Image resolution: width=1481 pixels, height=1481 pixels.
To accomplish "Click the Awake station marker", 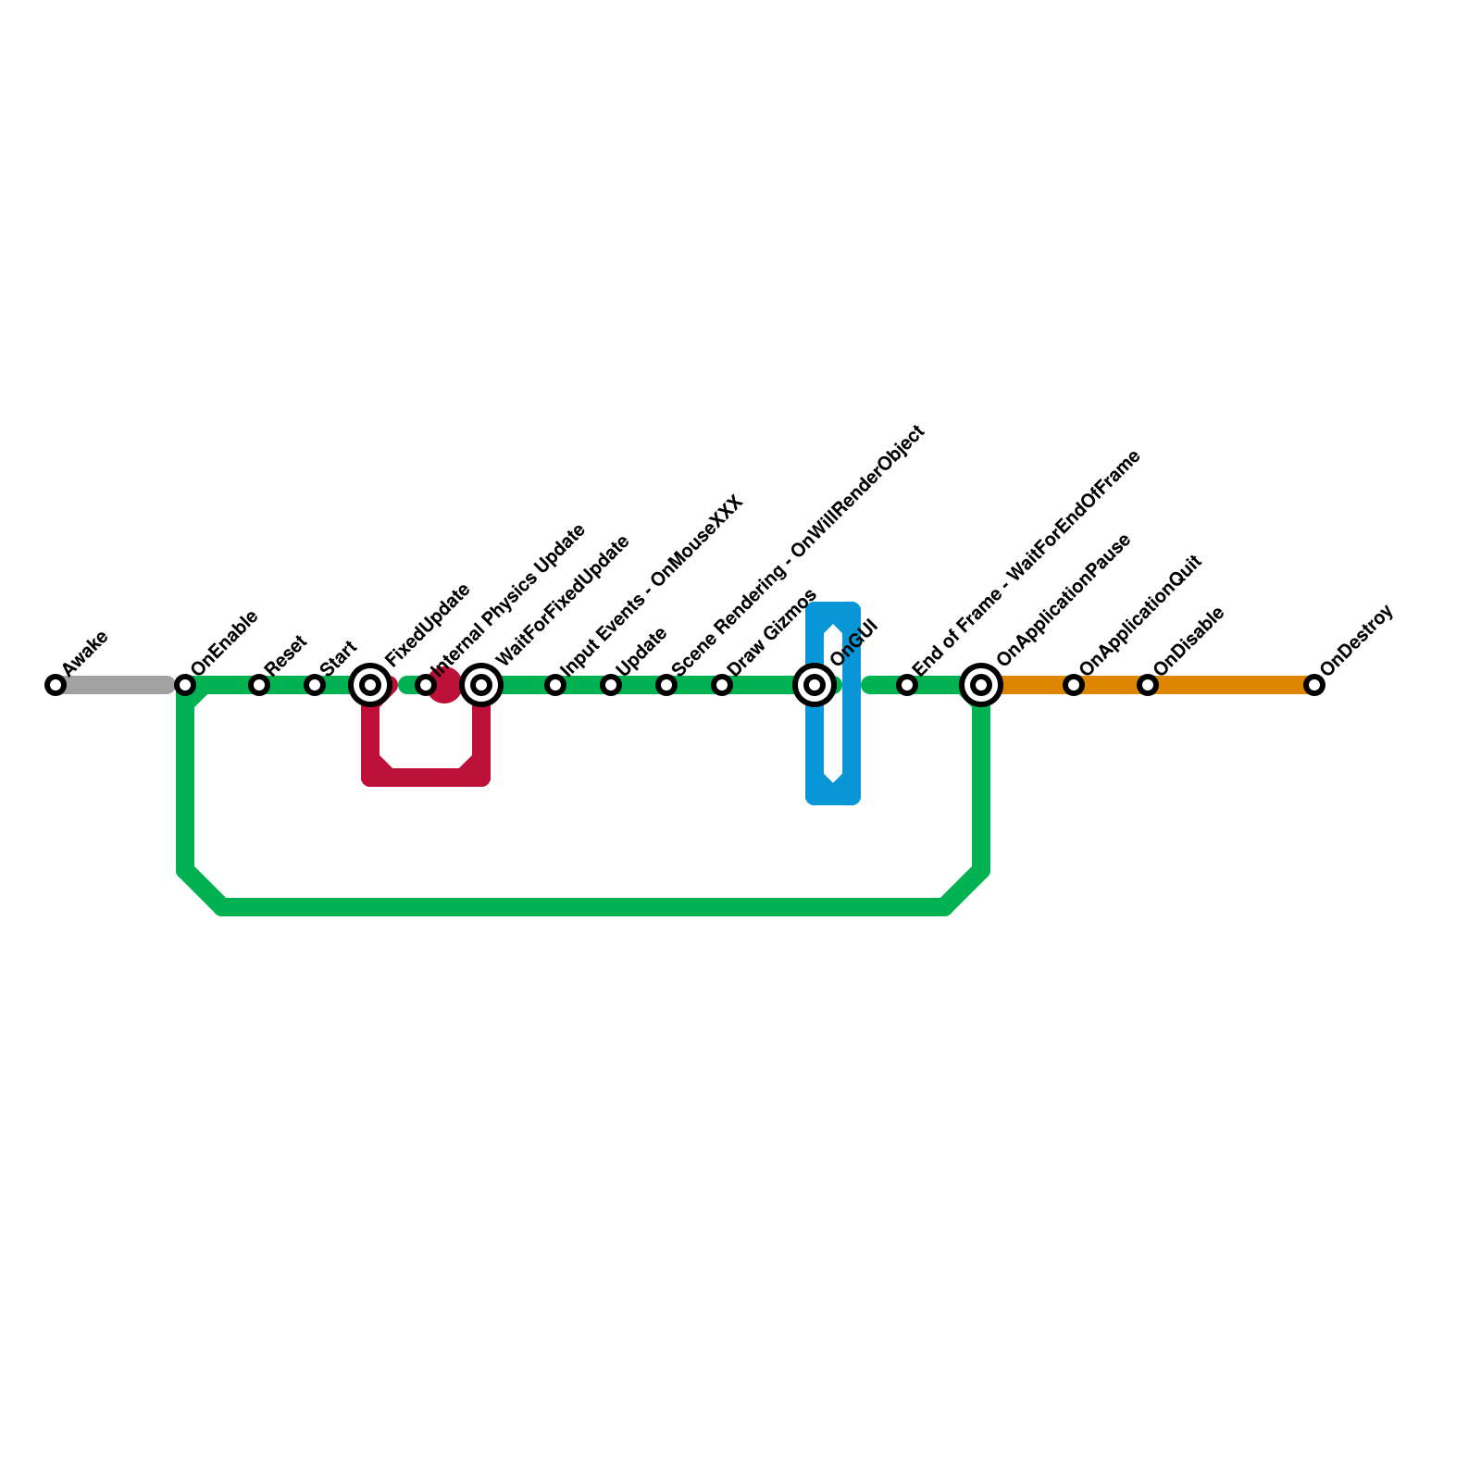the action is [56, 685].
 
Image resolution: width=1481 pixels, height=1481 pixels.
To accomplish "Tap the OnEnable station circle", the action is [185, 685].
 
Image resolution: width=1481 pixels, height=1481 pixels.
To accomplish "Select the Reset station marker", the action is [259, 685].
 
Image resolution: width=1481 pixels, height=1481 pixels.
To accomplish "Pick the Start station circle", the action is [315, 685].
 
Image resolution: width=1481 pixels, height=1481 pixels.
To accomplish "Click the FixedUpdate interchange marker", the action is [370, 685].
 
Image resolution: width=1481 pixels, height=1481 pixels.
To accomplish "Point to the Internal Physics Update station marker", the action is [425, 685].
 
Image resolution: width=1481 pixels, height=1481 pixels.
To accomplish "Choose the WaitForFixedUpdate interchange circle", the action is [481, 685].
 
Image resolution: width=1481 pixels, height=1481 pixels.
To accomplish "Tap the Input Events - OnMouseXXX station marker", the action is [555, 685].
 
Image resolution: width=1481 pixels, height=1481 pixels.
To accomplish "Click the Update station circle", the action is [611, 685].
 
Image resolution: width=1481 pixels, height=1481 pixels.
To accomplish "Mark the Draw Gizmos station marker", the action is [722, 685].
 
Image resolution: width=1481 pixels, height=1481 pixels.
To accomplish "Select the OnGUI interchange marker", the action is [815, 685].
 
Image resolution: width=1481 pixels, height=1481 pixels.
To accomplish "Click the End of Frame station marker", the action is [907, 685].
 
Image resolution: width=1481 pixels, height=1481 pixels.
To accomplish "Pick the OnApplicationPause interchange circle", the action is [981, 685].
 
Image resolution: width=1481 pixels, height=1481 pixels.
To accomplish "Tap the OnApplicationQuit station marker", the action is [1074, 685].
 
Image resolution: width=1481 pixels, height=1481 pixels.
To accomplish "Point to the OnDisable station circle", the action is [1148, 685].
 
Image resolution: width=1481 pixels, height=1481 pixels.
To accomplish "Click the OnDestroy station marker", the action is [1314, 685].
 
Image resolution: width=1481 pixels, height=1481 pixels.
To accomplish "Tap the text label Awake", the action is [85, 653].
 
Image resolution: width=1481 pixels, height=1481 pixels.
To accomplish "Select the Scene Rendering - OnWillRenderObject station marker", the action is [666, 685].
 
